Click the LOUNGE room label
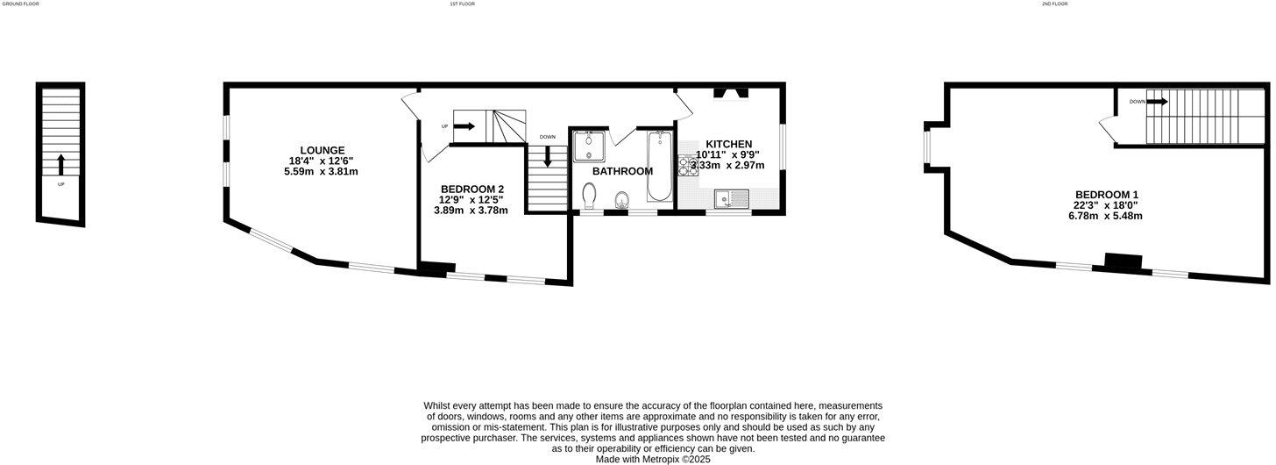[x=321, y=150]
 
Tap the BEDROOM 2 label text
[x=471, y=189]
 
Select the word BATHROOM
[x=622, y=171]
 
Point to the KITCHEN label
[x=729, y=144]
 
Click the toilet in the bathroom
[x=589, y=194]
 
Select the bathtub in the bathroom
[x=658, y=167]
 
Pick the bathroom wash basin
[x=622, y=198]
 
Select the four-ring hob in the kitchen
[x=686, y=167]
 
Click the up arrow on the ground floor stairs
[x=60, y=164]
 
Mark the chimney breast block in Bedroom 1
[x=1124, y=261]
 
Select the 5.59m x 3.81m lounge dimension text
[x=321, y=172]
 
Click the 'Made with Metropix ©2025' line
[x=652, y=459]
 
